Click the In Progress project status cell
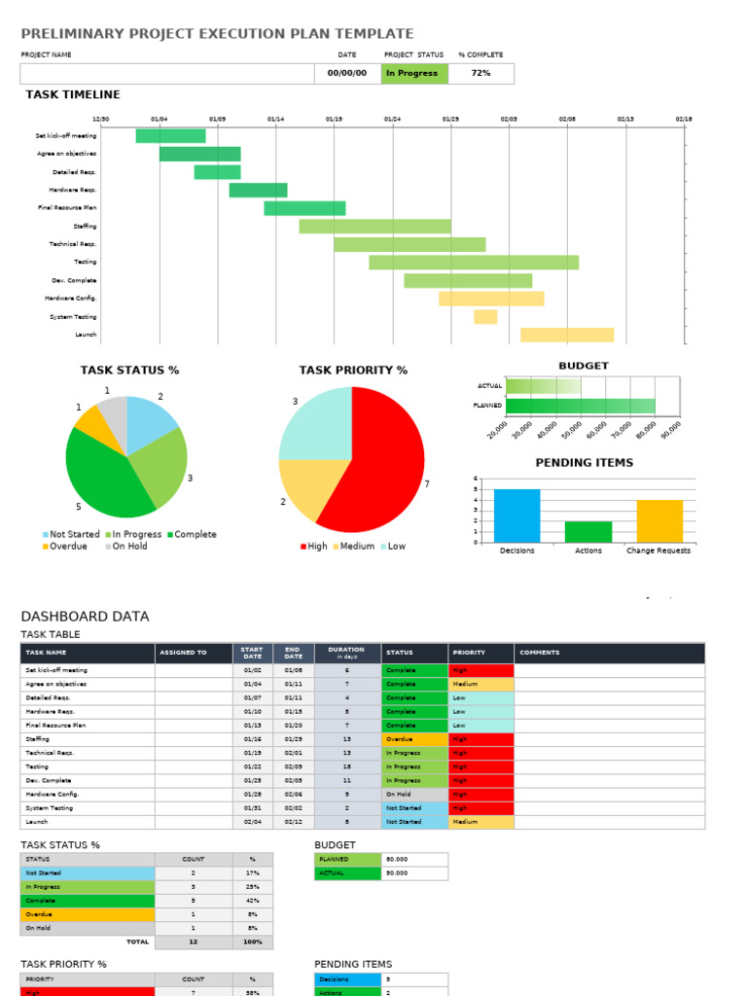414,73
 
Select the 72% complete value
480,73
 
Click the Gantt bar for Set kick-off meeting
170,135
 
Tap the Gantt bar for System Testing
485,316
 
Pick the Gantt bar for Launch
567,335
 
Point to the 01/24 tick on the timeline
392,119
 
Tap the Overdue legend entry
64,547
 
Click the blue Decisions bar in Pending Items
516,516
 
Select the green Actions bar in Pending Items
588,531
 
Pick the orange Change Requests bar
659,520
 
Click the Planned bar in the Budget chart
580,406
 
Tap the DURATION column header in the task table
346,653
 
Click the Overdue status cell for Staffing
414,739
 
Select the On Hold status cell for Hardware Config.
414,794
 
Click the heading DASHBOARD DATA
86,616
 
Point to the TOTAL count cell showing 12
194,942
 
